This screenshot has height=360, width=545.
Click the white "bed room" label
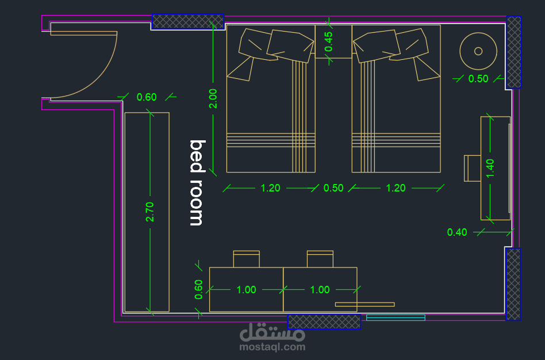(197, 183)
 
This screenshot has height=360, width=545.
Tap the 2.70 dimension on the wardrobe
(150, 212)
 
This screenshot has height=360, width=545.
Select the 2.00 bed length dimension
(213, 98)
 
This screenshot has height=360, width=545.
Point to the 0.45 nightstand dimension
(328, 41)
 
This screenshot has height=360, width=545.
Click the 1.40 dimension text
(490, 168)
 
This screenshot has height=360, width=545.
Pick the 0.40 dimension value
(457, 232)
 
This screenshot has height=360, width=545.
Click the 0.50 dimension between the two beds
(333, 188)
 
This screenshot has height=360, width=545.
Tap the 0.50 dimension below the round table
(478, 79)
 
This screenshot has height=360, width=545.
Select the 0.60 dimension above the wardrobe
(147, 97)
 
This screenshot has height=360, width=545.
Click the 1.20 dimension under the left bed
(270, 188)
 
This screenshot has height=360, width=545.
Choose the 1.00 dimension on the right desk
(320, 289)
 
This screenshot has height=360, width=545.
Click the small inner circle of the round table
(478, 51)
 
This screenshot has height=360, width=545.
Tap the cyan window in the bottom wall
(396, 317)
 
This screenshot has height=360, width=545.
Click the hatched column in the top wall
(187, 21)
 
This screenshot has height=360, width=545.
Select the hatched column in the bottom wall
(324, 321)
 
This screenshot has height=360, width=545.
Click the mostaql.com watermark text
(272, 347)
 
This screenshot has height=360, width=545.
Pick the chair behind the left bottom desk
(247, 259)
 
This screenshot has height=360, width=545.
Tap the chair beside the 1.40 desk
(473, 168)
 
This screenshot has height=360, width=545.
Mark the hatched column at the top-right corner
(514, 52)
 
